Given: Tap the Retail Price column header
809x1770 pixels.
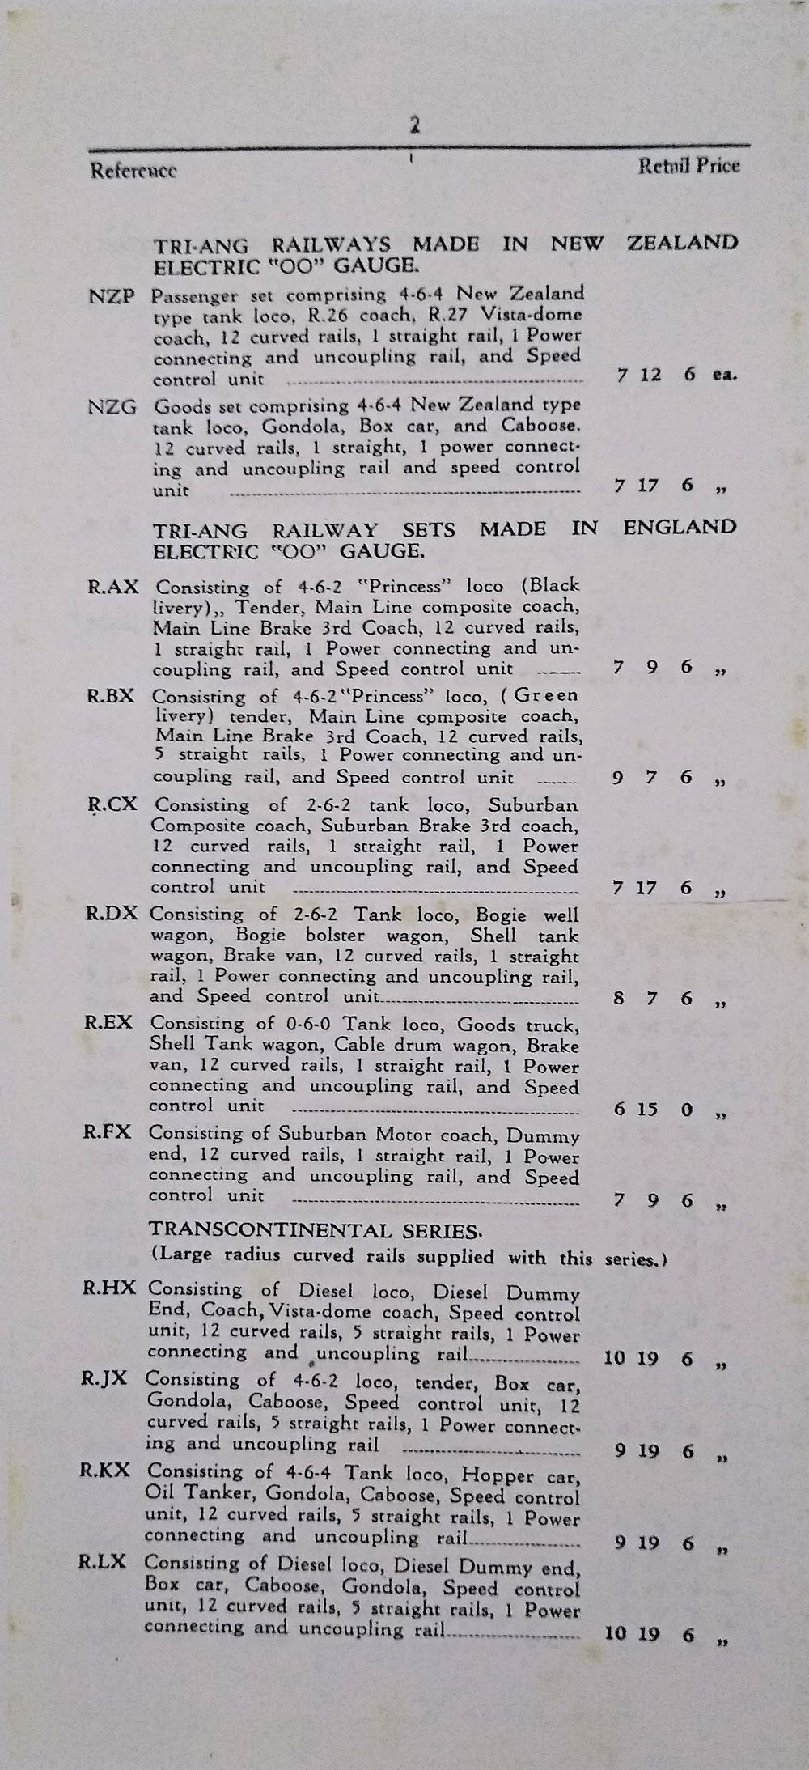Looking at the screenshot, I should (688, 166).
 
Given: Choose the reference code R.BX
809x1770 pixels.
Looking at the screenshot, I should (111, 695).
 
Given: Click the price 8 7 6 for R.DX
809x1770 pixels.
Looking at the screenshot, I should (654, 998).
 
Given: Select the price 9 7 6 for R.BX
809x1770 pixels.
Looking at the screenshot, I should (654, 777).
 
